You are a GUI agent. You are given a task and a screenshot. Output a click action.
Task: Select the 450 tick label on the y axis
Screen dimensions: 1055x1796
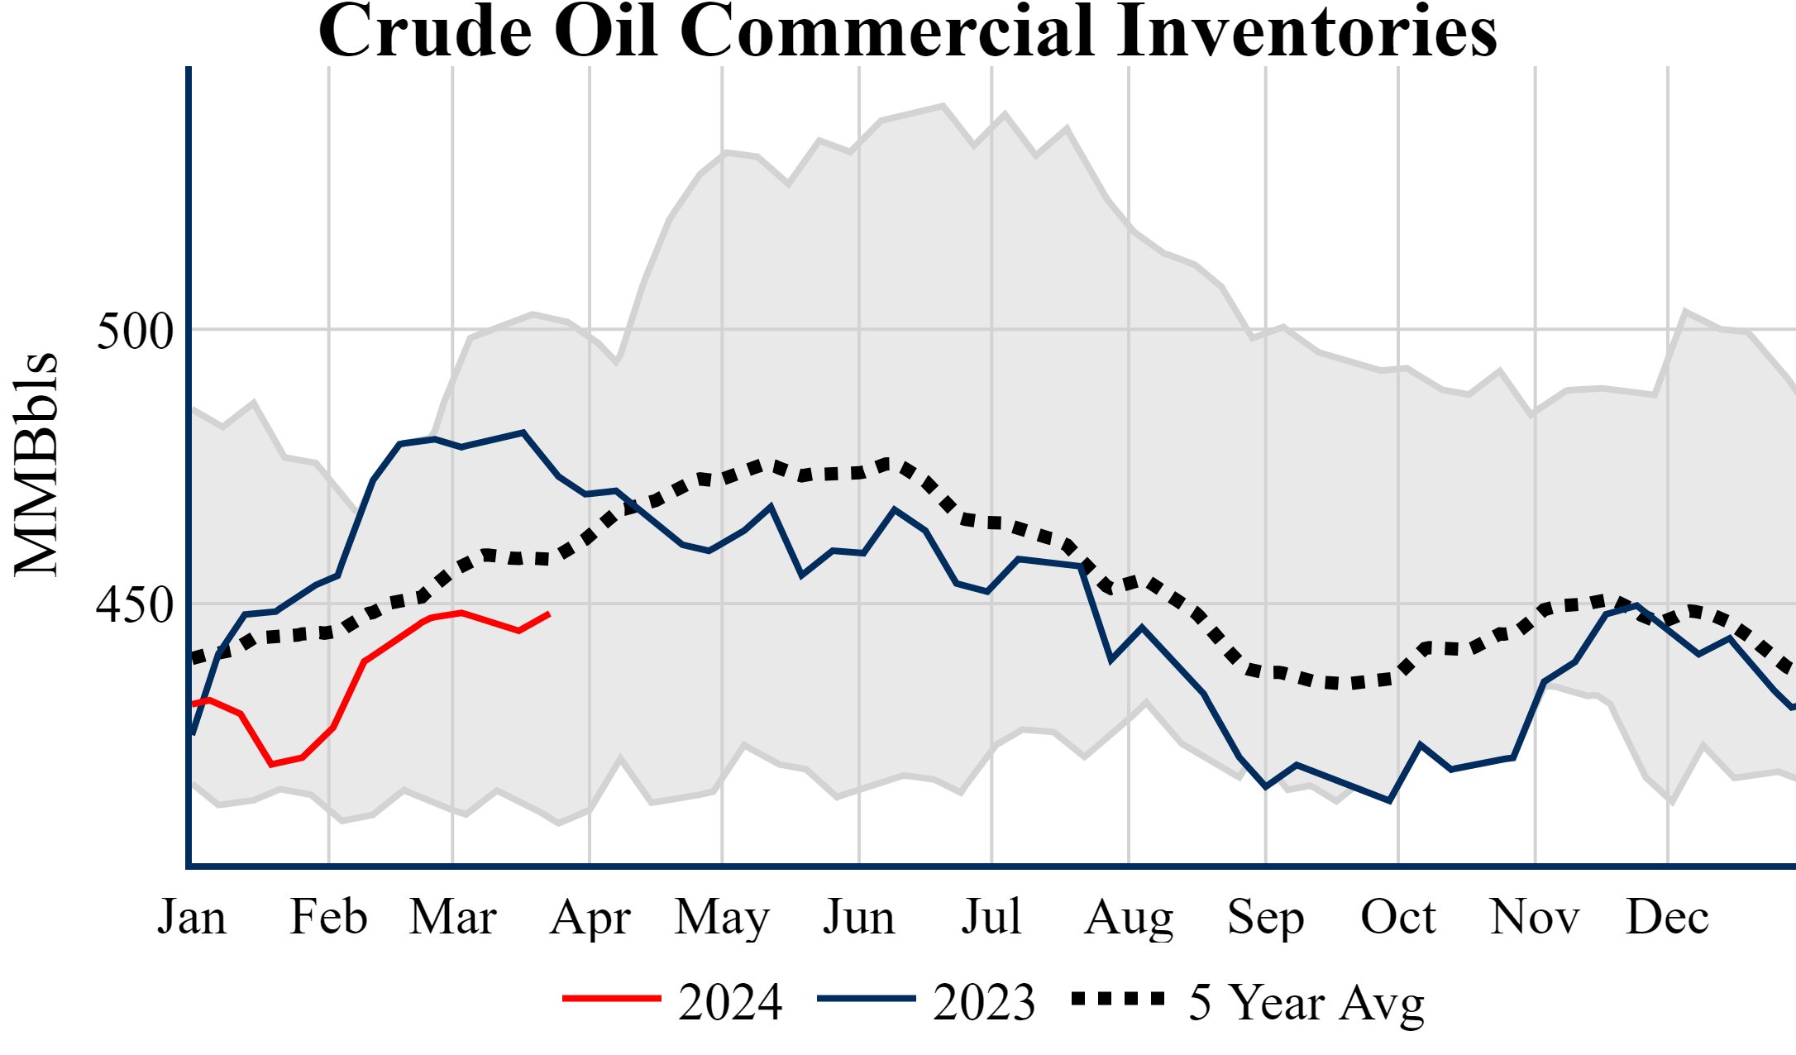click(135, 605)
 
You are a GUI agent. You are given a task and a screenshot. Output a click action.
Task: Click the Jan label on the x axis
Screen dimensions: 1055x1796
click(192, 917)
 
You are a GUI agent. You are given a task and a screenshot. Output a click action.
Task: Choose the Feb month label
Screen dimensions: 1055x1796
click(328, 917)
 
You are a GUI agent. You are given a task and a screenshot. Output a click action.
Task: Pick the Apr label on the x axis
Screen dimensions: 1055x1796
click(590, 917)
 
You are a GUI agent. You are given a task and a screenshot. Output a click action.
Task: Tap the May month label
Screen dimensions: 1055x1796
click(722, 917)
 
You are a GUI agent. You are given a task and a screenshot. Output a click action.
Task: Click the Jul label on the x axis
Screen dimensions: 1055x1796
click(991, 917)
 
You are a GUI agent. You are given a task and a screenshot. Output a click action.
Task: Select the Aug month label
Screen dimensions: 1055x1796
click(1129, 917)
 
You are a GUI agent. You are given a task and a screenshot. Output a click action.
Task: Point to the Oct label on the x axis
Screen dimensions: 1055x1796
click(1398, 917)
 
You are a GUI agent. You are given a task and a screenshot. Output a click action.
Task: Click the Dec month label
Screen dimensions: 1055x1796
click(1667, 917)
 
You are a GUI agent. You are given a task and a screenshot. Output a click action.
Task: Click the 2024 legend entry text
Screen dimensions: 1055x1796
click(730, 1002)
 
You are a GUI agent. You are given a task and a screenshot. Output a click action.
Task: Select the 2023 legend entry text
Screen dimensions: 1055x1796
click(984, 1002)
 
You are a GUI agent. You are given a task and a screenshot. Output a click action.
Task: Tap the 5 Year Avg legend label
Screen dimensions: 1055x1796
click(1306, 1002)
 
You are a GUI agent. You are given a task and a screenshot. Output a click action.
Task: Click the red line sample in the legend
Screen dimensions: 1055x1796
click(612, 999)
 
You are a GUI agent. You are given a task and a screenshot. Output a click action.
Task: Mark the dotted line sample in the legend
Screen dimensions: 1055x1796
click(1118, 999)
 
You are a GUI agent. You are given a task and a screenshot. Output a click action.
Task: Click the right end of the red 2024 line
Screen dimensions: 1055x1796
click(549, 613)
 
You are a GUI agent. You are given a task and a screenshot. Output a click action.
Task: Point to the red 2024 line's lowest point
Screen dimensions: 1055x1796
click(271, 765)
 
